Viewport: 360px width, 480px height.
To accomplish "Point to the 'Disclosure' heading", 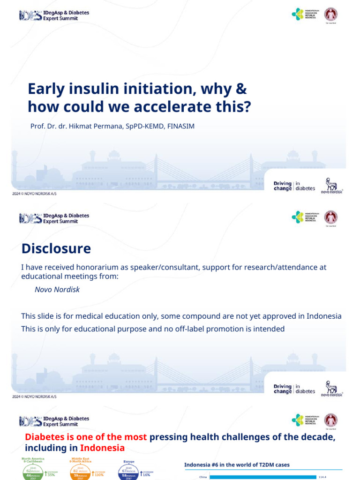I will coord(56,248).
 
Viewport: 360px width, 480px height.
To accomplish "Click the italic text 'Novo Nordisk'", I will coord(57,289).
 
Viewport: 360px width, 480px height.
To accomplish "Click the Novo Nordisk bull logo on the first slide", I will coord(331,184).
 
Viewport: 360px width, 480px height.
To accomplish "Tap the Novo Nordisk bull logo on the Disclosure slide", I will coord(331,388).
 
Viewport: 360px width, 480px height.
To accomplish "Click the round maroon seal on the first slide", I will coord(331,14).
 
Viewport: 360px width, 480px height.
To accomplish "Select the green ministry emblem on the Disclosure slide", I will coord(298,217).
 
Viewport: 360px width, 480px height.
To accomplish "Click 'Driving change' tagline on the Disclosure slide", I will coord(283,389).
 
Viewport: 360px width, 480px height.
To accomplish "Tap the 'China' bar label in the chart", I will coord(202,477).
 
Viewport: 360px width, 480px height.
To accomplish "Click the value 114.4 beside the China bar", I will coord(322,477).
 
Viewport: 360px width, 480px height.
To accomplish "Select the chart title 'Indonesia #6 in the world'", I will coord(237,465).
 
